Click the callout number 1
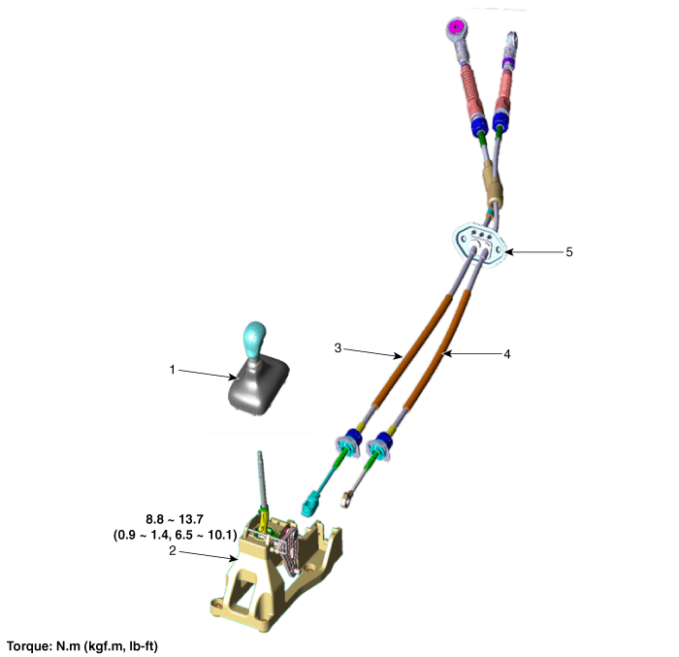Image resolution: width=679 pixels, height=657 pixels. coord(173,370)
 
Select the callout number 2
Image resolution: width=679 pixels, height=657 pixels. coord(173,550)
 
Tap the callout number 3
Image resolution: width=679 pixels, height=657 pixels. coord(338,348)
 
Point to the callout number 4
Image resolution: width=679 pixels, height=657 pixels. coord(506,354)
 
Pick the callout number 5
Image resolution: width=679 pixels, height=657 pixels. coord(569,251)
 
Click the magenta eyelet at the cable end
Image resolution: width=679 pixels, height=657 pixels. coord(455,27)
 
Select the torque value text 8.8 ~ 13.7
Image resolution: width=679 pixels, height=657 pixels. coord(175,519)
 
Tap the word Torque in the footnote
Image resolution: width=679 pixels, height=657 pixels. coord(28,646)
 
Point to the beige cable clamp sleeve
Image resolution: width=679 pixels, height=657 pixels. coord(493,182)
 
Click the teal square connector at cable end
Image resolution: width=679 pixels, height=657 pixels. coord(309,504)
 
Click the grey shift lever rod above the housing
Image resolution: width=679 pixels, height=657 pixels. coord(263,478)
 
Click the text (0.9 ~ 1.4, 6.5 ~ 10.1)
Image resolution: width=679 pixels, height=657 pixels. coord(176,535)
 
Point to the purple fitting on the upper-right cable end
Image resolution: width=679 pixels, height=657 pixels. coord(507,64)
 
